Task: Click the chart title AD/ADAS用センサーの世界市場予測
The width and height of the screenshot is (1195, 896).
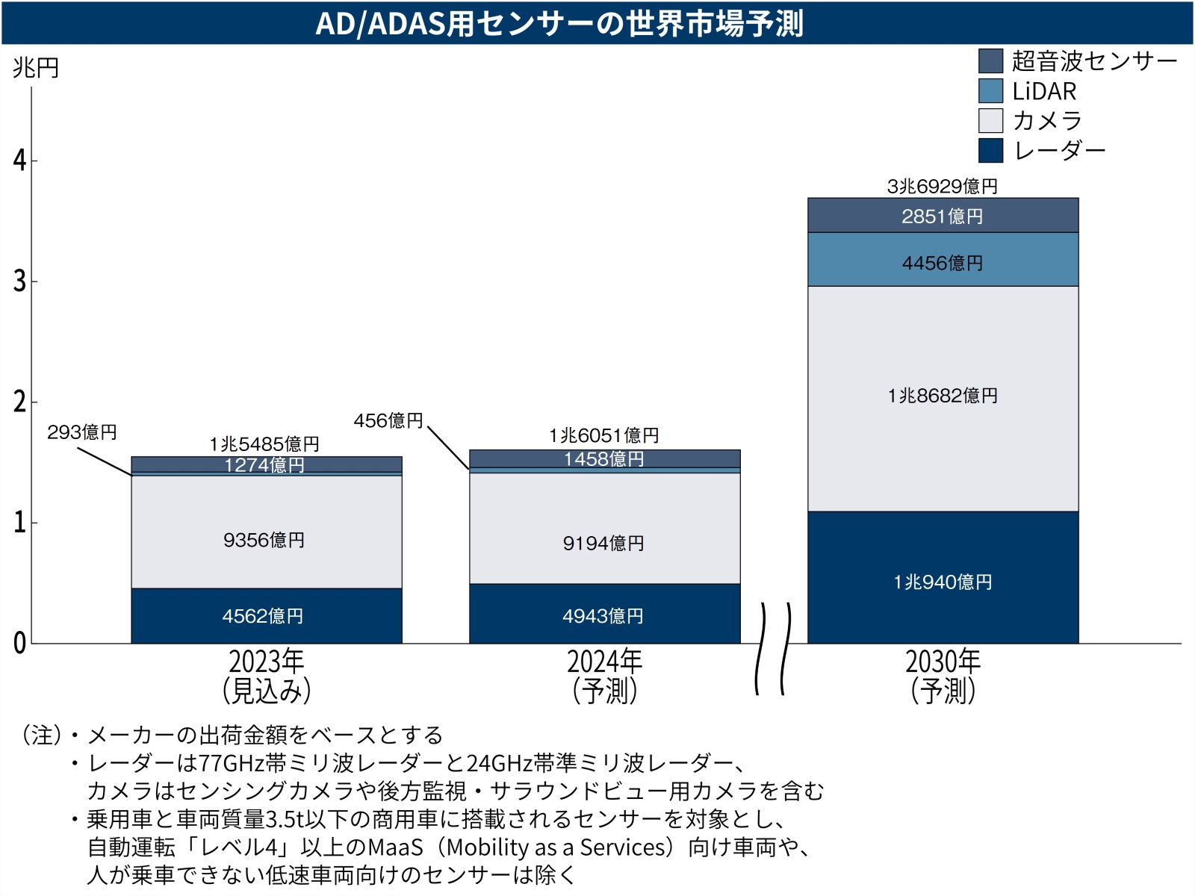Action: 559,23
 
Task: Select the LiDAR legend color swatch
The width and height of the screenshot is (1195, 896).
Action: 990,91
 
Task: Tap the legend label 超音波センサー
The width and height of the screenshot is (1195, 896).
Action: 1094,61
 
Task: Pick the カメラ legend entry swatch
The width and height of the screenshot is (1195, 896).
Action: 990,121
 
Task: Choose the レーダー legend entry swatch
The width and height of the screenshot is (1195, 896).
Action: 990,150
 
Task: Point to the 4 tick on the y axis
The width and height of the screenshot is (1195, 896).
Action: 20,160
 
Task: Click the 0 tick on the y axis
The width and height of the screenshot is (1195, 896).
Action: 20,643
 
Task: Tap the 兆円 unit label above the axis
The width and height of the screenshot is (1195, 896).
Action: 35,68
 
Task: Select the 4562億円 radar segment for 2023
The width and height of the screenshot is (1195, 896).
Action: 266,616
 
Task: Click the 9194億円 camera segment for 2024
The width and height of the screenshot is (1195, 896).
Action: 604,543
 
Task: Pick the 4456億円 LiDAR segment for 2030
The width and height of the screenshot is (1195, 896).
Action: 943,263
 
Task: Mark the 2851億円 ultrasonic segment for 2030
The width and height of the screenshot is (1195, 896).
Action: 943,217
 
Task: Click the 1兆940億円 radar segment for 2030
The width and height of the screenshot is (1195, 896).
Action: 943,582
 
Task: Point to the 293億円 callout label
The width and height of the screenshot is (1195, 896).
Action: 82,432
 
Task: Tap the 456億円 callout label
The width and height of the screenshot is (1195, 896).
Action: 388,421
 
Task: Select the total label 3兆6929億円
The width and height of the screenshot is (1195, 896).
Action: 943,186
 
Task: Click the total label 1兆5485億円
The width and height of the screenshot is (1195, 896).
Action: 264,444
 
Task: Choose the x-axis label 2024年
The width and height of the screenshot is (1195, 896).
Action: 604,662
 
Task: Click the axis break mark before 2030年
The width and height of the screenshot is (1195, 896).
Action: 773,648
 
